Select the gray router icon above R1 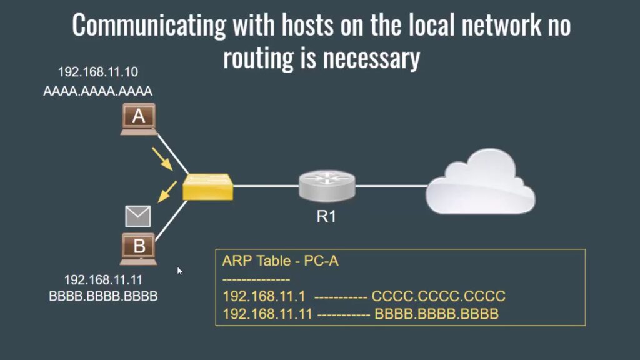[327, 185]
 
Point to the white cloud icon [481, 182]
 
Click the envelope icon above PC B [138, 216]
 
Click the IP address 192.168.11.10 [97, 72]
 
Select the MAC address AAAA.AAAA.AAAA [97, 91]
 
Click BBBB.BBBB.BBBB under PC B [103, 296]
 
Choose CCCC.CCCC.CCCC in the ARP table [438, 296]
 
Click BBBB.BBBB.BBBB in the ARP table [436, 314]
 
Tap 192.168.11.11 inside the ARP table [267, 314]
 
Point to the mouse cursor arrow [179, 271]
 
